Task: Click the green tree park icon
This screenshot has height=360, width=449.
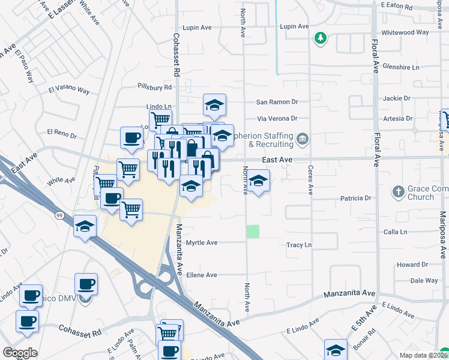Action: pos(321,38)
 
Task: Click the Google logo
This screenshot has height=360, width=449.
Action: pos(20,352)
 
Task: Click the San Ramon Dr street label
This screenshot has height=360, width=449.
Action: pos(277,103)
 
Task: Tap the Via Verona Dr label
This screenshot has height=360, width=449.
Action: pos(277,118)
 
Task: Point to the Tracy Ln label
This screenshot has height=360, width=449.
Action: pos(299,245)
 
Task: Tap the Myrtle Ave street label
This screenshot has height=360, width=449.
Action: pos(201,242)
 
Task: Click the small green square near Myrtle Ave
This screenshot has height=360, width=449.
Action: pos(253,231)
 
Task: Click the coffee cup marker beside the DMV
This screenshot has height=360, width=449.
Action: pos(86,284)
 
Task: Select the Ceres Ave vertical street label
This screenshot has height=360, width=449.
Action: pos(311,180)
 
